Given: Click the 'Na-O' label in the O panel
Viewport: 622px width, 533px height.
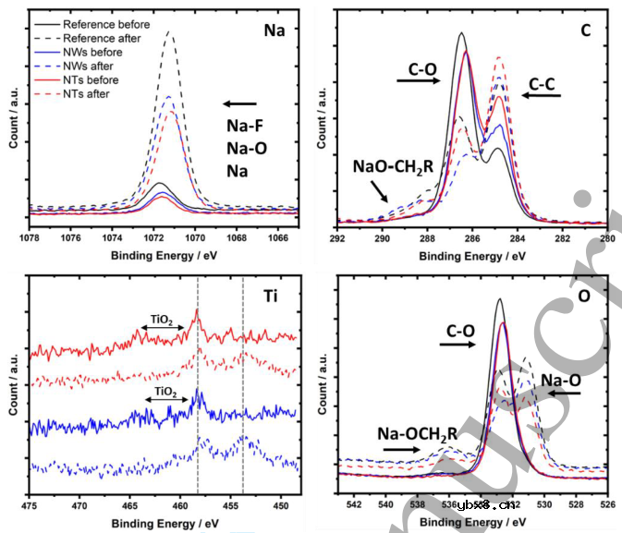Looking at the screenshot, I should pos(562,378).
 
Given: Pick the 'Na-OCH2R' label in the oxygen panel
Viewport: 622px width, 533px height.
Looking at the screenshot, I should pos(416,432).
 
